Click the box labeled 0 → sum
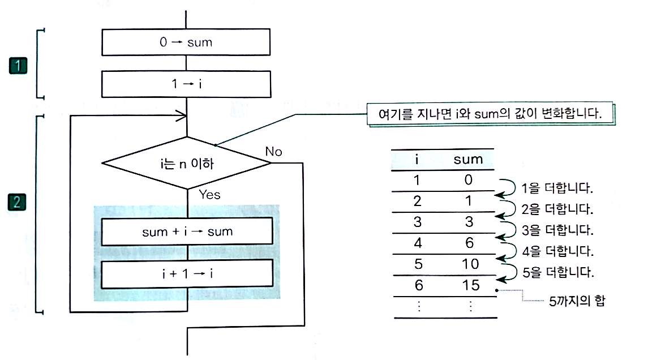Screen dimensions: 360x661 point(187,42)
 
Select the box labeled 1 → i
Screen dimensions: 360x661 point(187,84)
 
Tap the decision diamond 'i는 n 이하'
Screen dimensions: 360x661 point(187,163)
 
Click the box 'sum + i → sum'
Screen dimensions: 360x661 point(187,231)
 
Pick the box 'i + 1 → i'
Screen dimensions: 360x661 point(187,274)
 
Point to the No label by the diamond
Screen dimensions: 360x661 point(273,151)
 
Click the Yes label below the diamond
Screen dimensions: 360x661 point(209,195)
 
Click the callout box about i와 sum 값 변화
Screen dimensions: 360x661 point(490,114)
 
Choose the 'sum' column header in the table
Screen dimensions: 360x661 point(468,159)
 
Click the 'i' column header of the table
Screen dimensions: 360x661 point(417,159)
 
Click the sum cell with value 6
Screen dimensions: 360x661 point(469,243)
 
